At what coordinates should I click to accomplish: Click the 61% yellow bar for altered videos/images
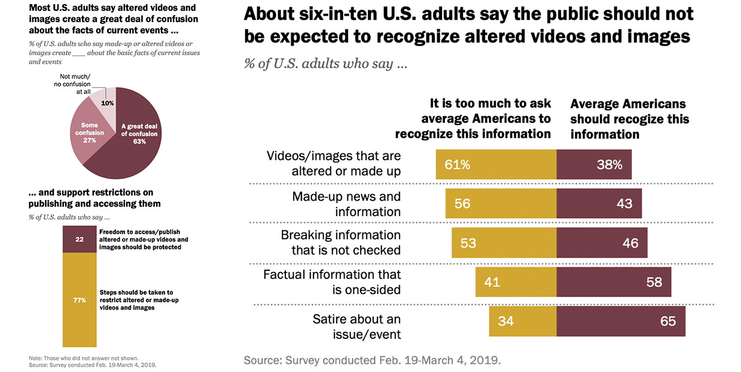[x=496, y=165]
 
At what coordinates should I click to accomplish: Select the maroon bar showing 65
[x=620, y=321]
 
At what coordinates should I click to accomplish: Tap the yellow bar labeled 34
[x=522, y=321]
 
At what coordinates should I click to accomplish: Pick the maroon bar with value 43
[x=599, y=204]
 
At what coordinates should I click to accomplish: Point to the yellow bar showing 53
[x=504, y=243]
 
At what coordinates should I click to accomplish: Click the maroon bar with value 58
[x=614, y=282]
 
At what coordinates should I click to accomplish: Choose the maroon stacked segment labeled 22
[x=80, y=239]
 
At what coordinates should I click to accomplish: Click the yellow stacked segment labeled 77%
[x=80, y=300]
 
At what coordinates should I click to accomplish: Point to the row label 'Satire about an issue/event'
[x=356, y=326]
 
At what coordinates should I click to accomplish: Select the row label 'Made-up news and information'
[x=346, y=204]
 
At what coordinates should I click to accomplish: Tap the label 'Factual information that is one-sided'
[x=332, y=282]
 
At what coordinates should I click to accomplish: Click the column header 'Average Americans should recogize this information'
[x=629, y=119]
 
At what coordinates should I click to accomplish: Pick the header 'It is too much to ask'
[x=490, y=104]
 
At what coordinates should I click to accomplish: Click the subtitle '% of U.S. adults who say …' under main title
[x=325, y=63]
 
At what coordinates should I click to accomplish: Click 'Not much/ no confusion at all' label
[x=82, y=84]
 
